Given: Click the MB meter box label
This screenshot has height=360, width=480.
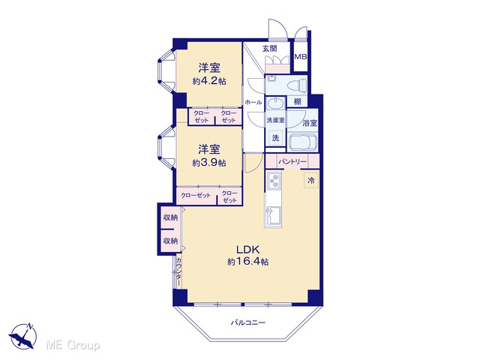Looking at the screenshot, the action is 300,57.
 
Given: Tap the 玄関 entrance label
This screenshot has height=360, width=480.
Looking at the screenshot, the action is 270,48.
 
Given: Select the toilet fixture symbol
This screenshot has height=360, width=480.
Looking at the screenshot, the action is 300,85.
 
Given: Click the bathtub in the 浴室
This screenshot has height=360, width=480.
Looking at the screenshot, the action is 303,142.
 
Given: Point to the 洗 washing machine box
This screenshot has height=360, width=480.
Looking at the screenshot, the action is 275,138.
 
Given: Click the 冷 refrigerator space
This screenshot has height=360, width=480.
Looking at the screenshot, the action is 311,180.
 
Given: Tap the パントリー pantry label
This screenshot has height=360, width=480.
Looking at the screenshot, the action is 292,161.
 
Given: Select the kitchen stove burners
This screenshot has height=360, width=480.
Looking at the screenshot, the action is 274,181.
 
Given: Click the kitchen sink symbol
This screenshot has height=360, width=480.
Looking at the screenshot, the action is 273,217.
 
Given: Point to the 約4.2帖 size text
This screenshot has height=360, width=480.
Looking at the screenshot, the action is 209,82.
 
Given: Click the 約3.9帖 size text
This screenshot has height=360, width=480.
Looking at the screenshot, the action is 209,163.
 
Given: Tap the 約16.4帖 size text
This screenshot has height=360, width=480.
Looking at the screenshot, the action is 248,262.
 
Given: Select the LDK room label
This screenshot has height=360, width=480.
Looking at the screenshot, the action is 248,250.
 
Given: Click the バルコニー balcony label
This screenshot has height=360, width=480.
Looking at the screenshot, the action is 248,322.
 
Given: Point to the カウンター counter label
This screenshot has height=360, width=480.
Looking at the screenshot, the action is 179,271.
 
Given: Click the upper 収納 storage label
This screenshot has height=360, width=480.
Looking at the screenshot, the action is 170,217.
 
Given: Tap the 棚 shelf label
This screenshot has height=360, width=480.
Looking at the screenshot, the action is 297,101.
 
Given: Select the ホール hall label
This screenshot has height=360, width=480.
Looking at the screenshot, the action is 253,103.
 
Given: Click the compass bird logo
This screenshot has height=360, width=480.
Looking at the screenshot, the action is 23,336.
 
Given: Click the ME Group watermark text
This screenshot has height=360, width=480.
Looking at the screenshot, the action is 73,345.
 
